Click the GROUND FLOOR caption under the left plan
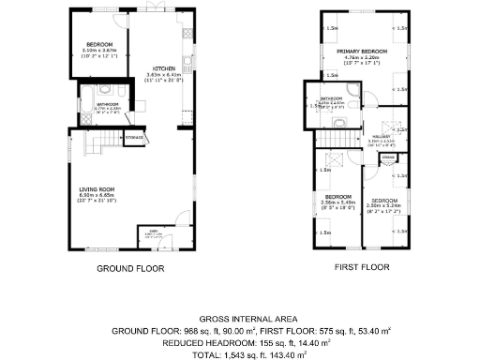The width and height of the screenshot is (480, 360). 130,268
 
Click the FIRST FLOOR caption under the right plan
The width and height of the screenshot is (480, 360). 362,268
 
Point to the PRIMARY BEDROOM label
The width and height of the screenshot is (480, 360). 363,52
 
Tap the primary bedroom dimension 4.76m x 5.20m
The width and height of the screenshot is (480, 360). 363,57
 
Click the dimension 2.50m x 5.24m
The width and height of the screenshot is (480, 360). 382,206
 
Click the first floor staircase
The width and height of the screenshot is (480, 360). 335,137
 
